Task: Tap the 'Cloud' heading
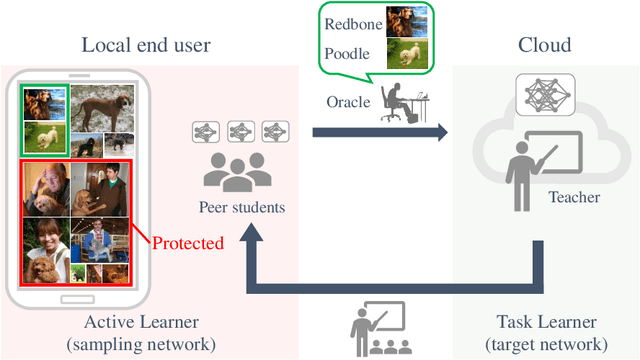544,45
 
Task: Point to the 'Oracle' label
349,102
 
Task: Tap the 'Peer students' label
239,209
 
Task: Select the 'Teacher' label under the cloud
574,198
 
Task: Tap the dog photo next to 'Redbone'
410,21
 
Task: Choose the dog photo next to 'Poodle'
410,52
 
